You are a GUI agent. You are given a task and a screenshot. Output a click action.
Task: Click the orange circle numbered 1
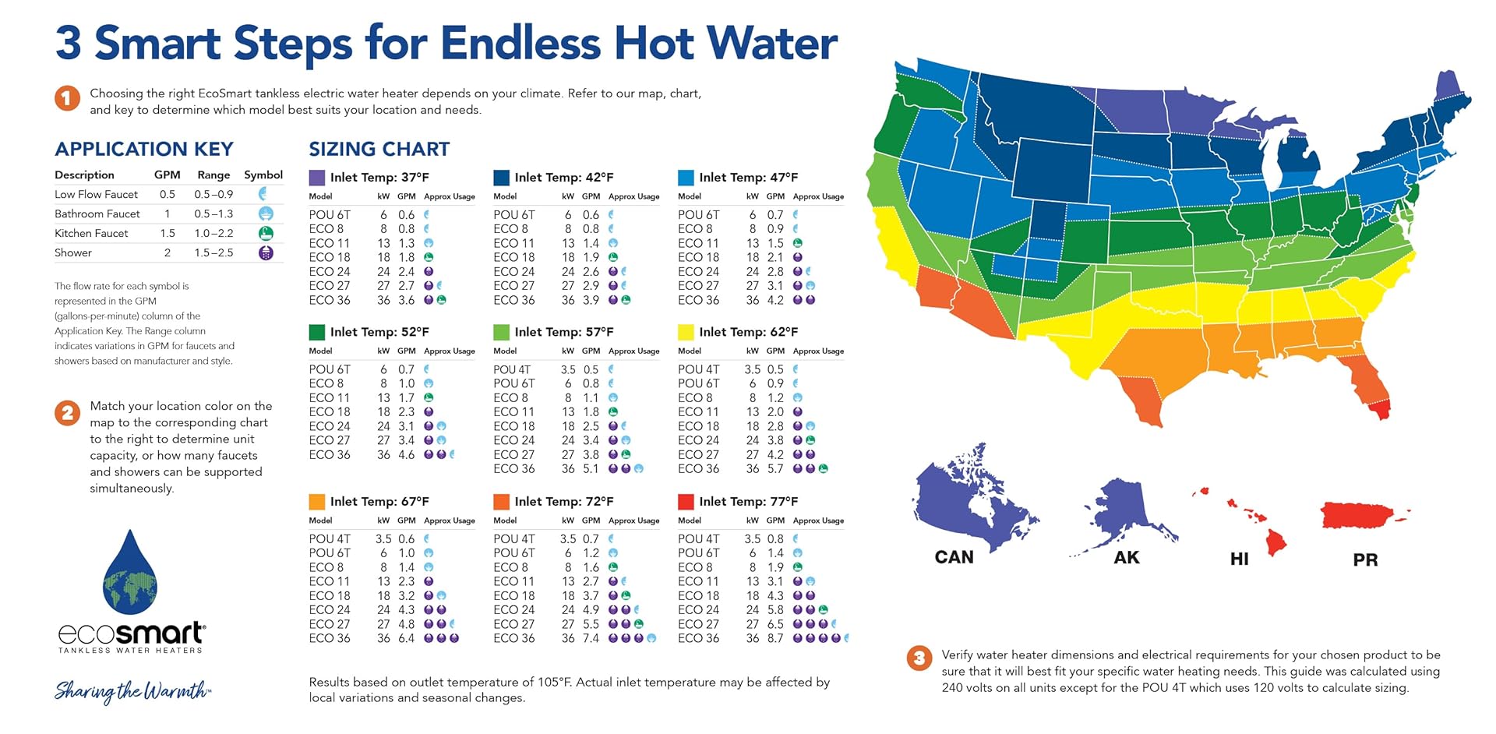(67, 98)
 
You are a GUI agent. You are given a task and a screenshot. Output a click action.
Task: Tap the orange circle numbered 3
(919, 658)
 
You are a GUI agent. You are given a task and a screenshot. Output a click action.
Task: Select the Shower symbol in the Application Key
(266, 253)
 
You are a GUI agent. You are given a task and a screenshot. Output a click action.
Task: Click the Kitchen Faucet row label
(91, 233)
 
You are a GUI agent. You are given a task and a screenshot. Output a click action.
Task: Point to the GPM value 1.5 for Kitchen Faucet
(167, 233)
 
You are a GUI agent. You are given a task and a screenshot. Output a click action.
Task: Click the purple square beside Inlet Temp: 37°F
(317, 178)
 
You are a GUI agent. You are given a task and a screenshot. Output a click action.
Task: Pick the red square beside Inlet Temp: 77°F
(686, 502)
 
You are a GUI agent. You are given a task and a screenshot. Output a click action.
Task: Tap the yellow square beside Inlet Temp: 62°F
(686, 332)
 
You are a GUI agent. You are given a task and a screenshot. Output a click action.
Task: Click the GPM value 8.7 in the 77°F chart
(775, 638)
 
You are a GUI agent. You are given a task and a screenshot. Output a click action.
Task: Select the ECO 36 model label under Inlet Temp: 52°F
(330, 454)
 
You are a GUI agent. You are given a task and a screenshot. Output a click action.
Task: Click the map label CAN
(954, 557)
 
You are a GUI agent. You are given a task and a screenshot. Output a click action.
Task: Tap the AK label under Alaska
(1126, 557)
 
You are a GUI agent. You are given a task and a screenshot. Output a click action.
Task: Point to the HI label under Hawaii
(1239, 559)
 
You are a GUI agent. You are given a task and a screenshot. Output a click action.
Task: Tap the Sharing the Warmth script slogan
(132, 690)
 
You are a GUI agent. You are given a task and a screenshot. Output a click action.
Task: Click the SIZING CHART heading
(379, 149)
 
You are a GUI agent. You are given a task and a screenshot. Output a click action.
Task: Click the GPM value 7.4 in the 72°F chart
(591, 638)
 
